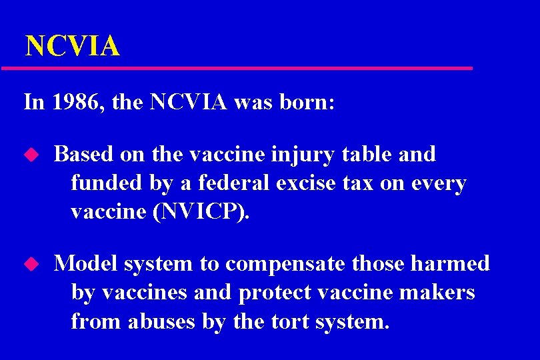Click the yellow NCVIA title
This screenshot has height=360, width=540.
(x=72, y=46)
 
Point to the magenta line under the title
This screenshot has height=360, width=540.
(x=237, y=68)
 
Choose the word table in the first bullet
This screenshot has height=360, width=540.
(x=365, y=154)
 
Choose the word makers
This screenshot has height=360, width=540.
(x=440, y=292)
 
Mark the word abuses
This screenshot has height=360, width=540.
(x=164, y=321)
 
